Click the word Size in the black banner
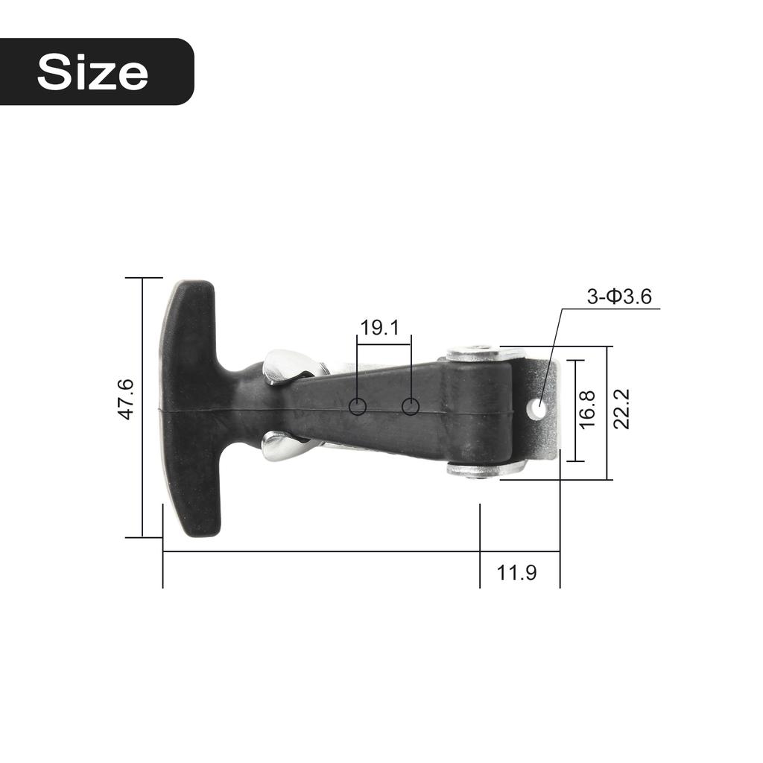click(x=92, y=72)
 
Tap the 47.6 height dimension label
click(x=126, y=399)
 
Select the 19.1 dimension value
click(x=380, y=327)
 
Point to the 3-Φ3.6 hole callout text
click(x=618, y=297)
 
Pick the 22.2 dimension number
click(x=621, y=409)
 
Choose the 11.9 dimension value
click(x=517, y=573)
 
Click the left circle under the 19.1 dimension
click(x=358, y=406)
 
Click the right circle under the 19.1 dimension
click(x=411, y=406)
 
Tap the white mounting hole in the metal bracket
click(x=536, y=408)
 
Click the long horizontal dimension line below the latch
click(x=320, y=552)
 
